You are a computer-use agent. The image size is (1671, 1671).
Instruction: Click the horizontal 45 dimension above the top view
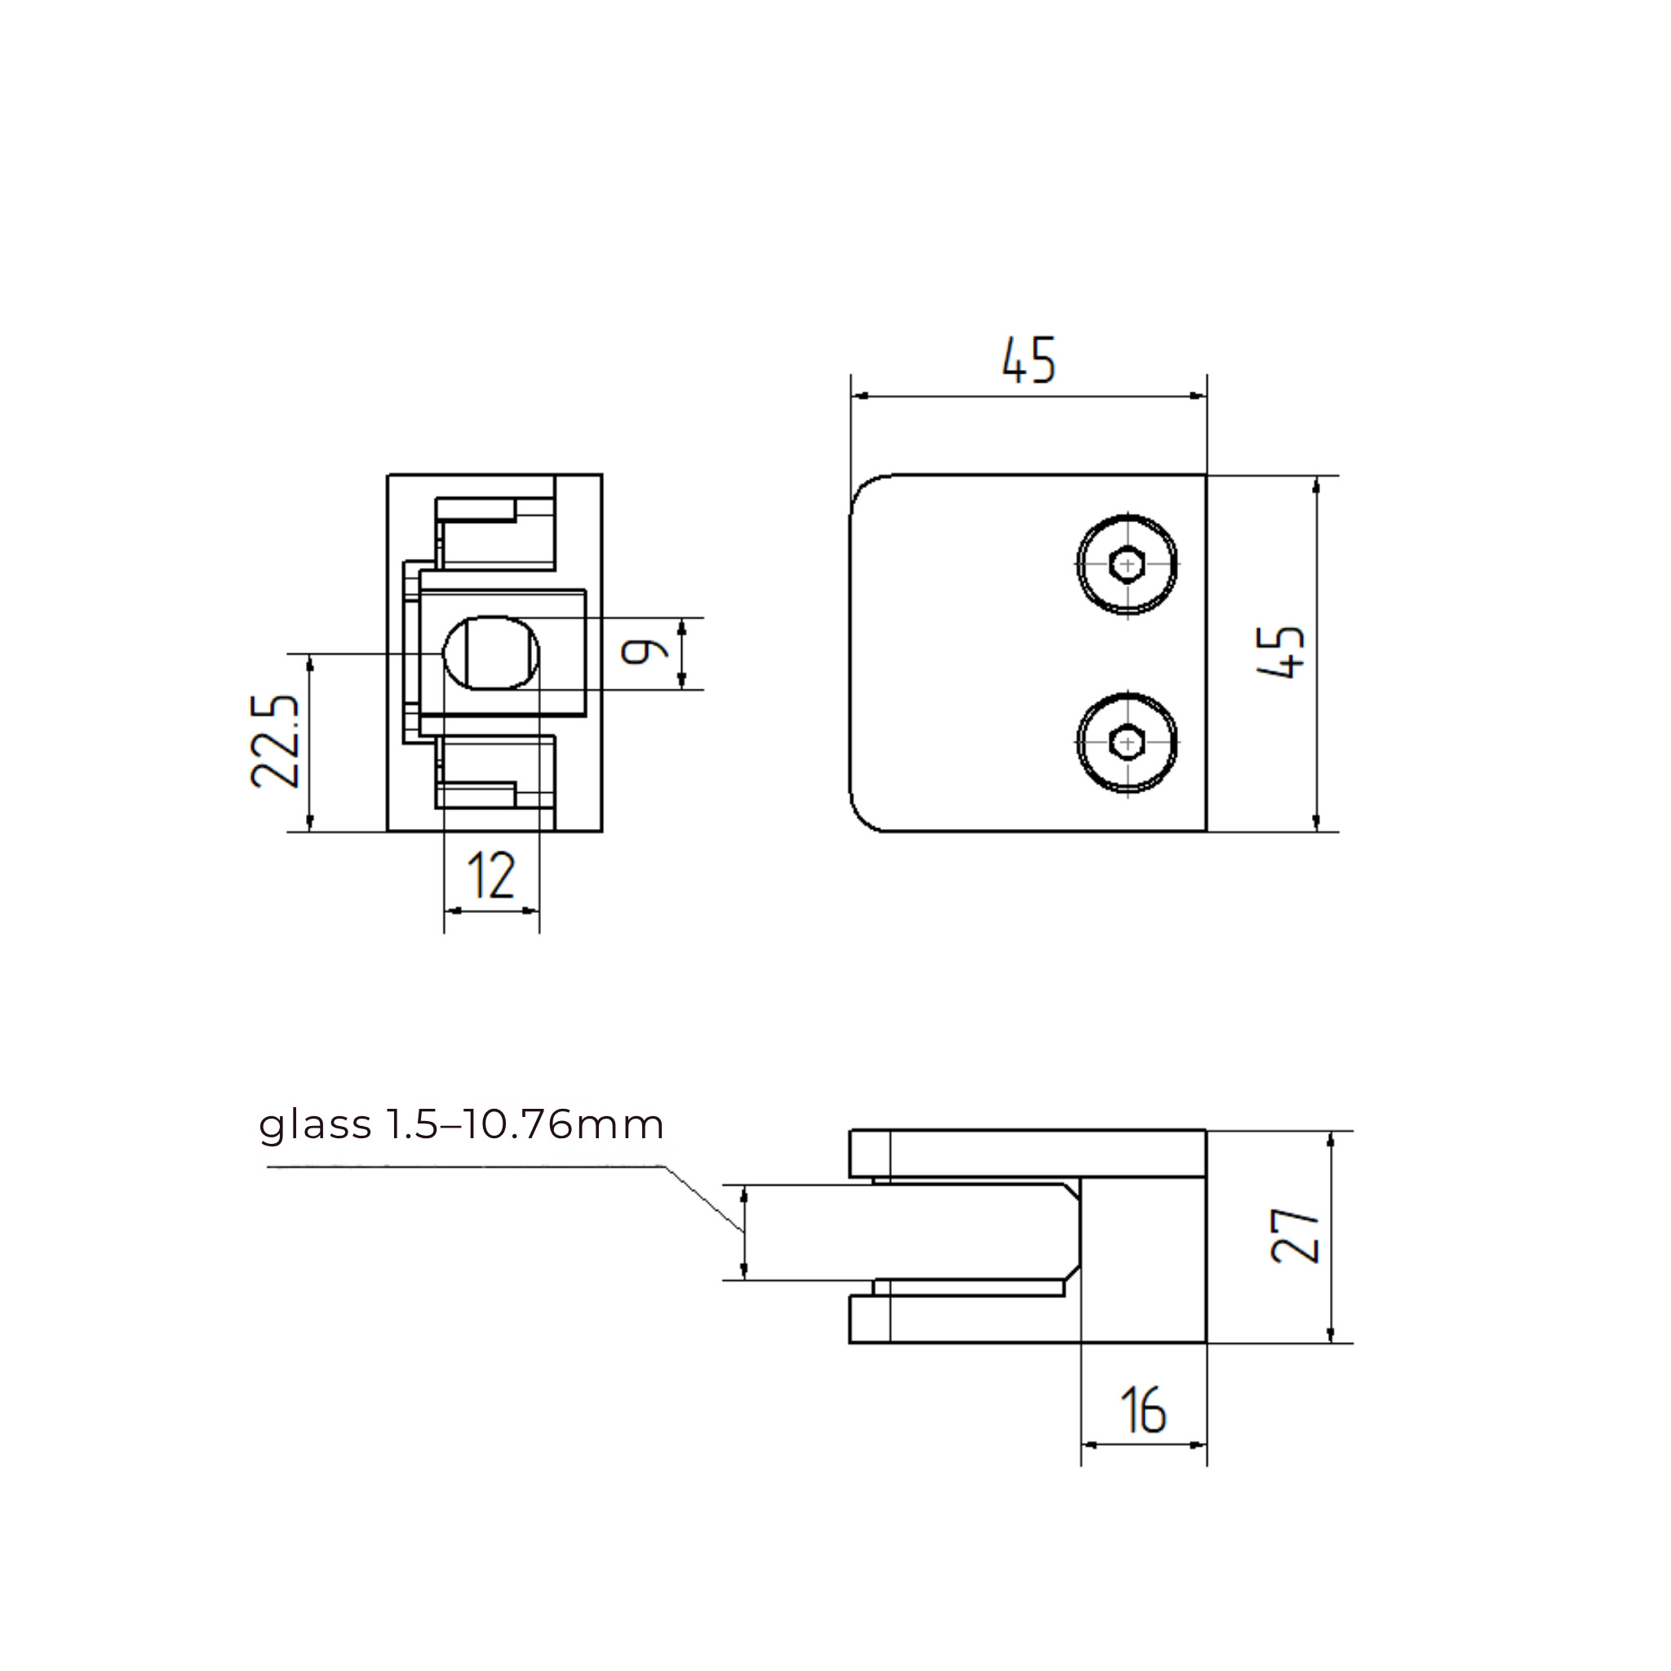1028,360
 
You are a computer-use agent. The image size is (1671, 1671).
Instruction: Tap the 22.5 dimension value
275,740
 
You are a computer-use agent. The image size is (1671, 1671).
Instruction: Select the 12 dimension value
490,875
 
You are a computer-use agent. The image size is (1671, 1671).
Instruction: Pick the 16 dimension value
1142,1410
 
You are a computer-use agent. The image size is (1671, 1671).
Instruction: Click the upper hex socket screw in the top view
1127,565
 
